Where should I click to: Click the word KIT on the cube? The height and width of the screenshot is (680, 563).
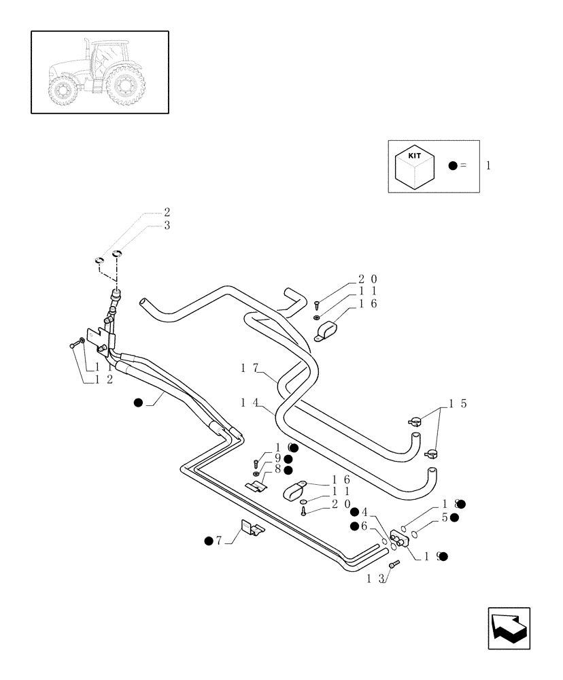414,156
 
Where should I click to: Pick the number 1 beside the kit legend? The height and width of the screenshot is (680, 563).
488,166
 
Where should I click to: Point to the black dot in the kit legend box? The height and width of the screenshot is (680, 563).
453,166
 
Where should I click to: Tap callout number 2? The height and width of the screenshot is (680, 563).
167,211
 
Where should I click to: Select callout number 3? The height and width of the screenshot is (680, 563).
167,225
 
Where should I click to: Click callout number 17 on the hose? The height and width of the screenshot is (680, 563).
250,368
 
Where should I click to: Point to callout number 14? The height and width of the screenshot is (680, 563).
249,403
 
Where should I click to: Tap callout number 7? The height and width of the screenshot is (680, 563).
219,541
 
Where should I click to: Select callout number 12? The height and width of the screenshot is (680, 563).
104,379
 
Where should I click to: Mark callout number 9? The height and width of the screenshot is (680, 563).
277,459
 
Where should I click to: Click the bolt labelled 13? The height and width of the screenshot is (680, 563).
393,564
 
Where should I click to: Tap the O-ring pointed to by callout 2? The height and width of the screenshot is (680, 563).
99,260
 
